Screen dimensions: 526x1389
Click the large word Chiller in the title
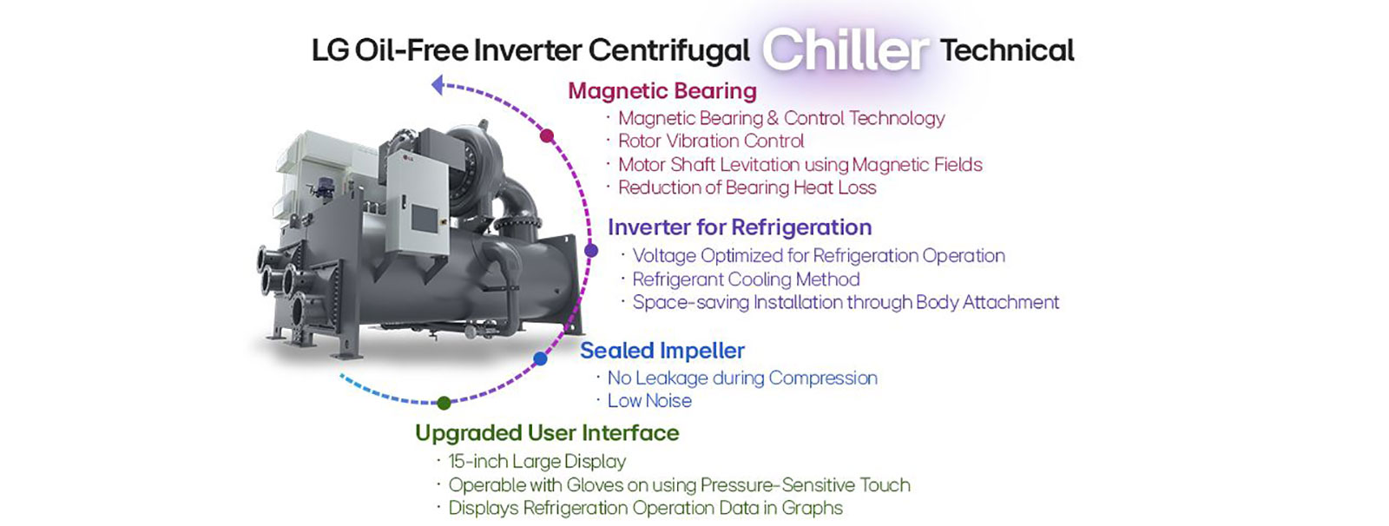click(x=846, y=50)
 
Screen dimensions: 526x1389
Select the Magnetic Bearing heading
click(x=662, y=91)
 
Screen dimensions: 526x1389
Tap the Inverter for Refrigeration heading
click(x=739, y=227)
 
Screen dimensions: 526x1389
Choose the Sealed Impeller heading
click(x=662, y=351)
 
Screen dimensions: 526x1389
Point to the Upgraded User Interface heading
click(x=547, y=433)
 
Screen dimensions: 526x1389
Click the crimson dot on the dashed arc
click(x=547, y=135)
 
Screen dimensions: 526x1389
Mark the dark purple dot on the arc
click(x=591, y=251)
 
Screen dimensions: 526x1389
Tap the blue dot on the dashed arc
click(x=540, y=358)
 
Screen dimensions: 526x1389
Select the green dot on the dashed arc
click(x=444, y=403)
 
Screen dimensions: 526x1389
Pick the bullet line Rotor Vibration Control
click(x=710, y=141)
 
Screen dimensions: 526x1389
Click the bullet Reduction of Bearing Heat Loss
click(x=747, y=187)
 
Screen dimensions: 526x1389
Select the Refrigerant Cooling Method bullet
click(x=745, y=279)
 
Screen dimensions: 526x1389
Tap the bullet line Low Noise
click(x=648, y=401)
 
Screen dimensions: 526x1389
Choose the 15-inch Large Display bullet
click(x=537, y=462)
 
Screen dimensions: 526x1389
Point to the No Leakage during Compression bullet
click(x=741, y=378)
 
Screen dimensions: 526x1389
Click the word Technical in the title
click(x=1007, y=50)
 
